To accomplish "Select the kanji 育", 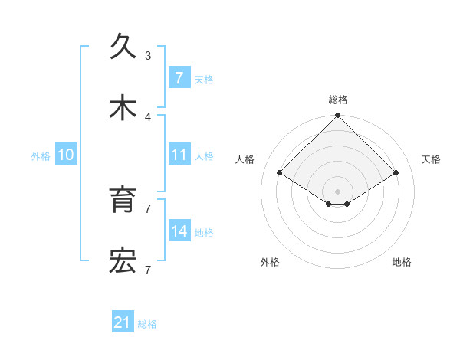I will tap(123, 200).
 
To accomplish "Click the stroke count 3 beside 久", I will tap(148, 55).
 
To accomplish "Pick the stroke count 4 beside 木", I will tap(148, 117).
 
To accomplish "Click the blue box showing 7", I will tap(179, 77).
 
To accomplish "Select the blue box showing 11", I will tap(179, 155).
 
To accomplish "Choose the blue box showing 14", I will tap(179, 231).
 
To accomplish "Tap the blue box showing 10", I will tap(66, 155).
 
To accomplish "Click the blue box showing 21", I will tap(123, 323).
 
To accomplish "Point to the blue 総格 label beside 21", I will tap(147, 324).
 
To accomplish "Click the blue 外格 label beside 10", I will tap(41, 155).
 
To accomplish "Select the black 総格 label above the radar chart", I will tap(337, 100).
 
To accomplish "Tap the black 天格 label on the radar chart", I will tap(431, 159).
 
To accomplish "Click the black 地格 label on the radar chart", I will tap(402, 262).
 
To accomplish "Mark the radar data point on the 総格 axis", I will tap(337, 116).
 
